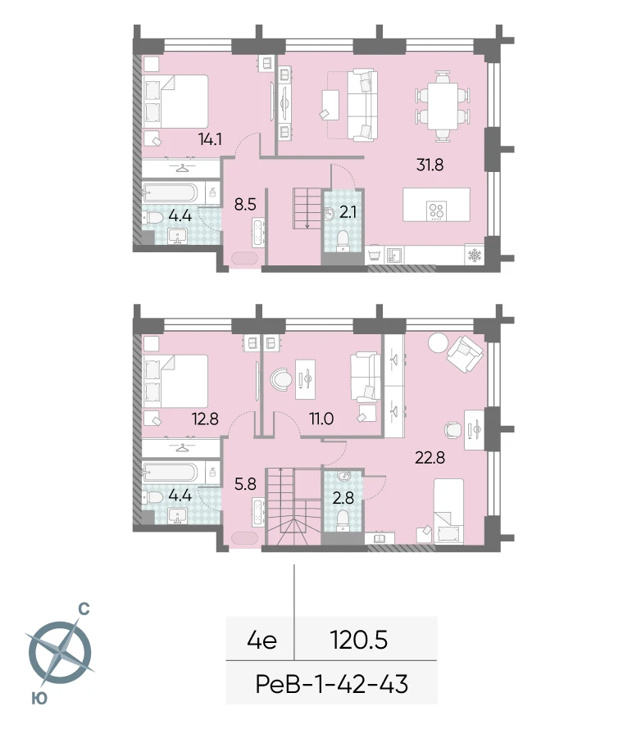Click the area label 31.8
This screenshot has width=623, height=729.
[x=430, y=165]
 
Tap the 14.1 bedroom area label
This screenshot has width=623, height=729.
[x=210, y=139]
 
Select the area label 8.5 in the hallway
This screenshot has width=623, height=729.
[x=245, y=204]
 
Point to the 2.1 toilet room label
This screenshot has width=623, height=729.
[x=348, y=212]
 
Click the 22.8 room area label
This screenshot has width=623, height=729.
[x=430, y=458]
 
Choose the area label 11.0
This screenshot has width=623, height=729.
[x=321, y=419]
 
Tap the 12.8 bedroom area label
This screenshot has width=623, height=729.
[x=205, y=419]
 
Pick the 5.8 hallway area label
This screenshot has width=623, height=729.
[x=245, y=484]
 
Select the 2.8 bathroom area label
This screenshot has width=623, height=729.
[x=343, y=498]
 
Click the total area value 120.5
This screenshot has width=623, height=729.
[x=359, y=641]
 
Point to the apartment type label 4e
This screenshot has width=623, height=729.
[x=262, y=641]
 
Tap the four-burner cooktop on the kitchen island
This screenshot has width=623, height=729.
[x=436, y=210]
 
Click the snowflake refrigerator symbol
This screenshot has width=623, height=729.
[x=475, y=256]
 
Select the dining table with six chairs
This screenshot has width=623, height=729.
[x=443, y=106]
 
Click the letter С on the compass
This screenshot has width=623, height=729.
[x=84, y=609]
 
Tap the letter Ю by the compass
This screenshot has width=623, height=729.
[x=39, y=697]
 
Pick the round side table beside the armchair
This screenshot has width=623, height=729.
[x=438, y=343]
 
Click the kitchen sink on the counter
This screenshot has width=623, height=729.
[x=393, y=256]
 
